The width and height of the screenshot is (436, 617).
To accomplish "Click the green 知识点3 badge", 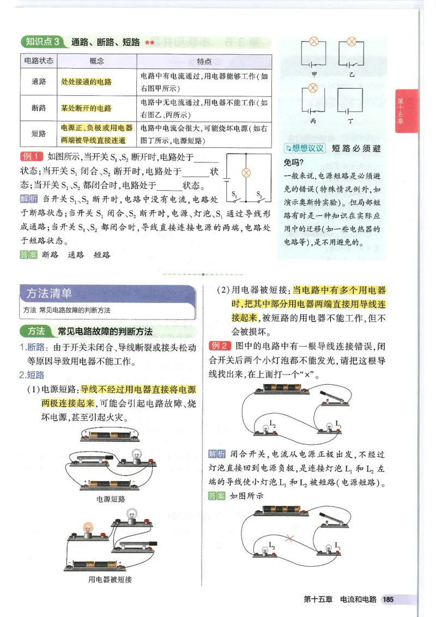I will [43, 42].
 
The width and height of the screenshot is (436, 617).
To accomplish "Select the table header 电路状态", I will [39, 61].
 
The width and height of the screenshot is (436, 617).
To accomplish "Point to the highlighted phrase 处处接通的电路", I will [86, 82].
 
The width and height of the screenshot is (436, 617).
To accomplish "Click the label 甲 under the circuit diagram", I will [313, 73].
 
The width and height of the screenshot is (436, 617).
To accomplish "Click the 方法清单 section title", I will [50, 294].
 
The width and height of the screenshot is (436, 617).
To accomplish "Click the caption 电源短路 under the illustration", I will [111, 498].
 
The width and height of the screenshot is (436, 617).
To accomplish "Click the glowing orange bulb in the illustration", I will [87, 527].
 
